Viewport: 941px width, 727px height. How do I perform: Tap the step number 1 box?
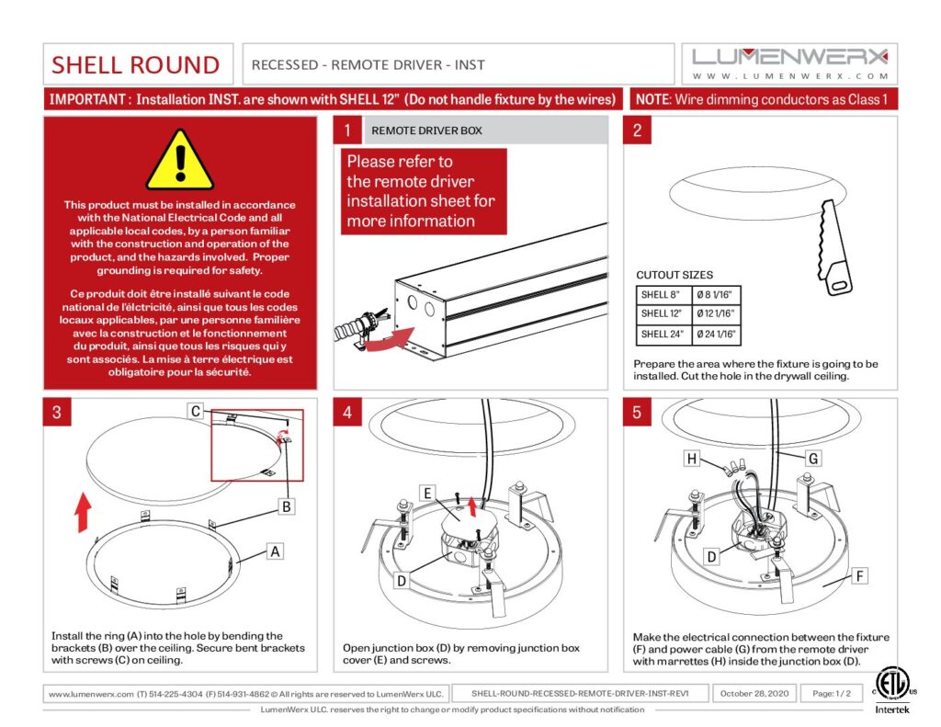pyautogui.click(x=347, y=131)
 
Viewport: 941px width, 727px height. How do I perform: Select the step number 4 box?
pyautogui.click(x=347, y=413)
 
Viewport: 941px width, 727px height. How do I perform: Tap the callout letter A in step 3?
pyautogui.click(x=273, y=551)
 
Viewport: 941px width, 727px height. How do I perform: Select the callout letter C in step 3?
pyautogui.click(x=196, y=412)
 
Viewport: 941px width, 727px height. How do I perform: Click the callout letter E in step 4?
pyautogui.click(x=427, y=494)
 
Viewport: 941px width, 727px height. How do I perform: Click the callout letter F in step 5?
pyautogui.click(x=860, y=576)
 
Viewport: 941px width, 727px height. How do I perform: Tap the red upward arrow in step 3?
pyautogui.click(x=82, y=512)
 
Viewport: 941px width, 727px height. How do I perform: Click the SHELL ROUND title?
pyautogui.click(x=136, y=64)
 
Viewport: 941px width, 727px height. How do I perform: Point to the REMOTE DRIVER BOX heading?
pyautogui.click(x=426, y=131)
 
